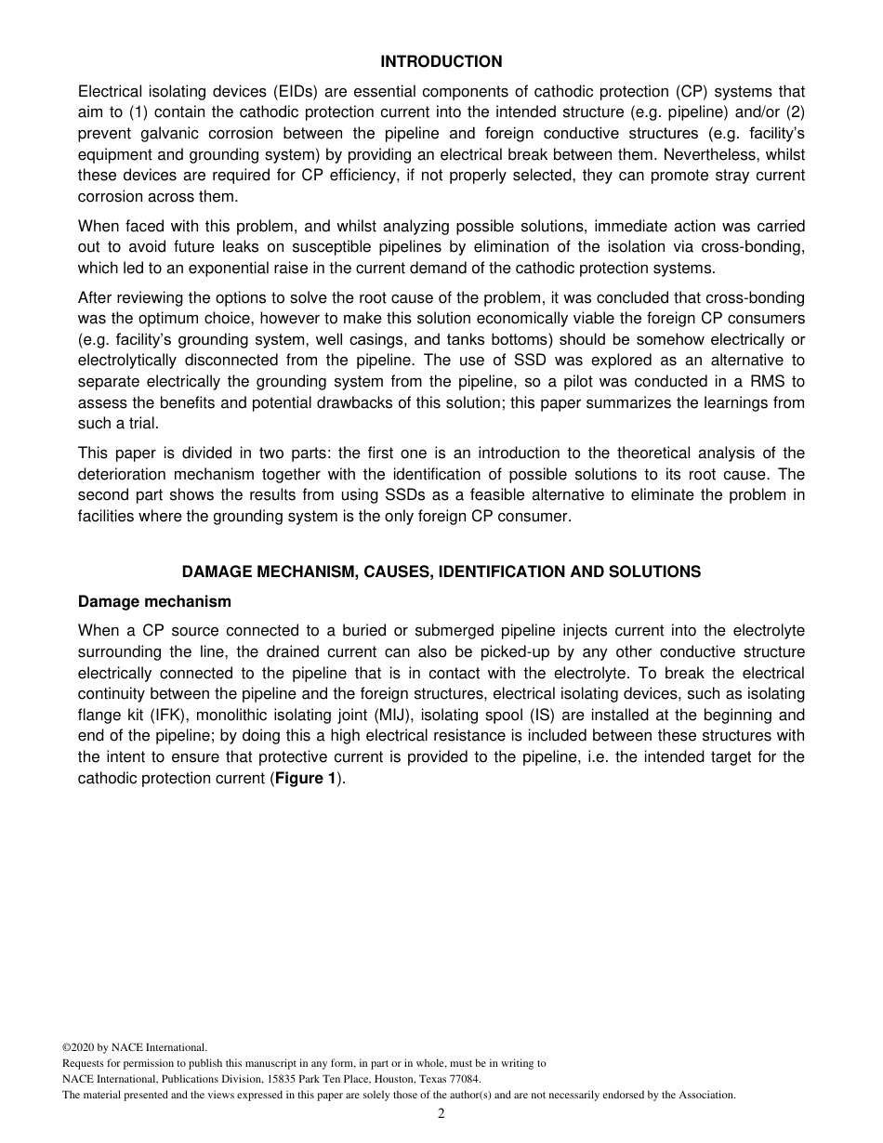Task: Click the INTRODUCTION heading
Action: pos(441,61)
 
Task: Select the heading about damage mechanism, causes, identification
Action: pos(441,571)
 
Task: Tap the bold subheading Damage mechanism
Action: pos(154,601)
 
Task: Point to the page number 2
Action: pos(441,1114)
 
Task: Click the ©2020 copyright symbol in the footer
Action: pos(66,1046)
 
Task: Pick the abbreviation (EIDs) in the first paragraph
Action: pos(276,91)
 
